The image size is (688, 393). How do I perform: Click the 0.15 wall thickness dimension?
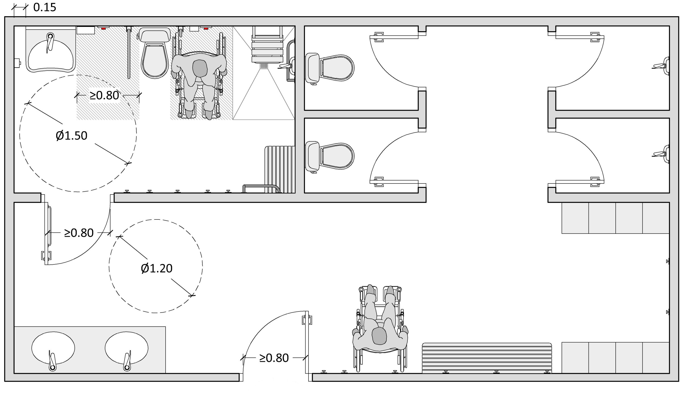45,7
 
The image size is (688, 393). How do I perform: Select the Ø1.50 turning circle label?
71,136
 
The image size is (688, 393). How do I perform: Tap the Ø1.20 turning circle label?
157,268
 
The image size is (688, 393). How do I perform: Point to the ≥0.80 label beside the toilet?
104,95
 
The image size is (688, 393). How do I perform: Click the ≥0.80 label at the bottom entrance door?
274,358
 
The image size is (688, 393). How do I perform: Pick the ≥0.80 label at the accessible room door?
79,233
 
